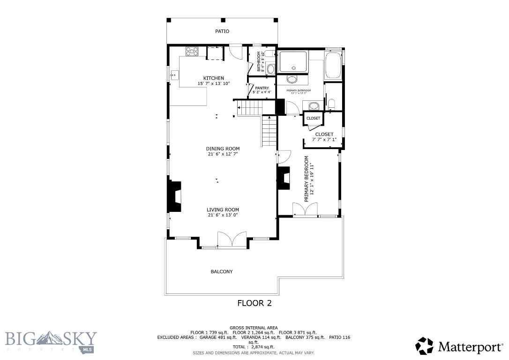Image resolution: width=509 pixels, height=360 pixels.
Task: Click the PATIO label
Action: [222, 31]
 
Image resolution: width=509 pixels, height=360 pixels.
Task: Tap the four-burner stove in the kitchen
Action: [192, 52]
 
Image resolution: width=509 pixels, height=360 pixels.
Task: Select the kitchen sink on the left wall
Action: [174, 75]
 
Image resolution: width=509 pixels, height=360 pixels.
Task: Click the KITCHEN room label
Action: [213, 78]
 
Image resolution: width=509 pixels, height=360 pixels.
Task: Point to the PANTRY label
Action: [262, 88]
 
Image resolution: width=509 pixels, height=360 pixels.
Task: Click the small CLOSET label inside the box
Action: [313, 119]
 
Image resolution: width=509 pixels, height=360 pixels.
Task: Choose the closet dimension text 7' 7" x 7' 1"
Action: [324, 140]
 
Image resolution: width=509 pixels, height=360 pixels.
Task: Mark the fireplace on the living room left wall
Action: [175, 196]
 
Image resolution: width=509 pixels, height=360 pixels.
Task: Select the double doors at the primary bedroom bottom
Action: [305, 210]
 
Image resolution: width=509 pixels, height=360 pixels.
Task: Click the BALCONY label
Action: [221, 272]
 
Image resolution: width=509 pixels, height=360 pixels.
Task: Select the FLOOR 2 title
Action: [254, 303]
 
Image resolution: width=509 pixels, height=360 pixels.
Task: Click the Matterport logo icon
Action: [425, 346]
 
